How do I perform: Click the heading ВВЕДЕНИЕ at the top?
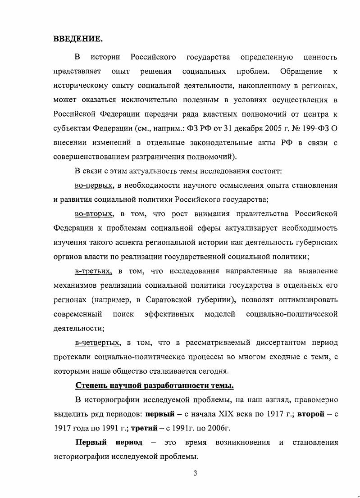click(x=77, y=39)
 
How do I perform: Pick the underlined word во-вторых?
click(x=94, y=213)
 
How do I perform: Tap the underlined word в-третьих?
click(x=93, y=271)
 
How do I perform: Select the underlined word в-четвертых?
click(x=98, y=343)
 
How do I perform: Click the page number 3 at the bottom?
click(x=195, y=473)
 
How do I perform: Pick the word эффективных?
click(x=169, y=314)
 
